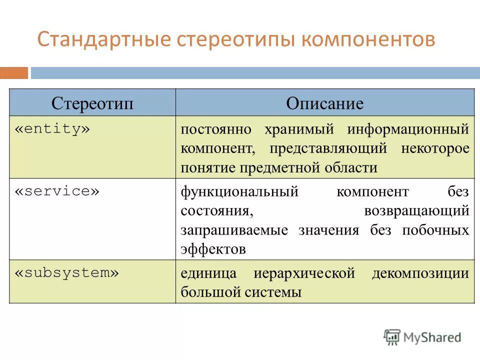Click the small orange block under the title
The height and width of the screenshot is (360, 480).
pos(14,73)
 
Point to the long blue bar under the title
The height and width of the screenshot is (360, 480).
pos(255,73)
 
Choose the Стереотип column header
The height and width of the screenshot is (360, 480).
pos(92,103)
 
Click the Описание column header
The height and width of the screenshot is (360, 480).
pos(324,103)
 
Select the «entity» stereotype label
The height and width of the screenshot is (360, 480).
pos(52,129)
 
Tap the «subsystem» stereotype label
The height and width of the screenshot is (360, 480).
pos(67,273)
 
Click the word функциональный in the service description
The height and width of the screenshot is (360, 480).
pos(239,192)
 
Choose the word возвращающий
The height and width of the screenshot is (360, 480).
pos(417,211)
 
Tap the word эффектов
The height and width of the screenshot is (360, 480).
pos(213,249)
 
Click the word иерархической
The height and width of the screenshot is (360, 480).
pos(304,273)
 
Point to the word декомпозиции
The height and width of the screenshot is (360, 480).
pos(420,273)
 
